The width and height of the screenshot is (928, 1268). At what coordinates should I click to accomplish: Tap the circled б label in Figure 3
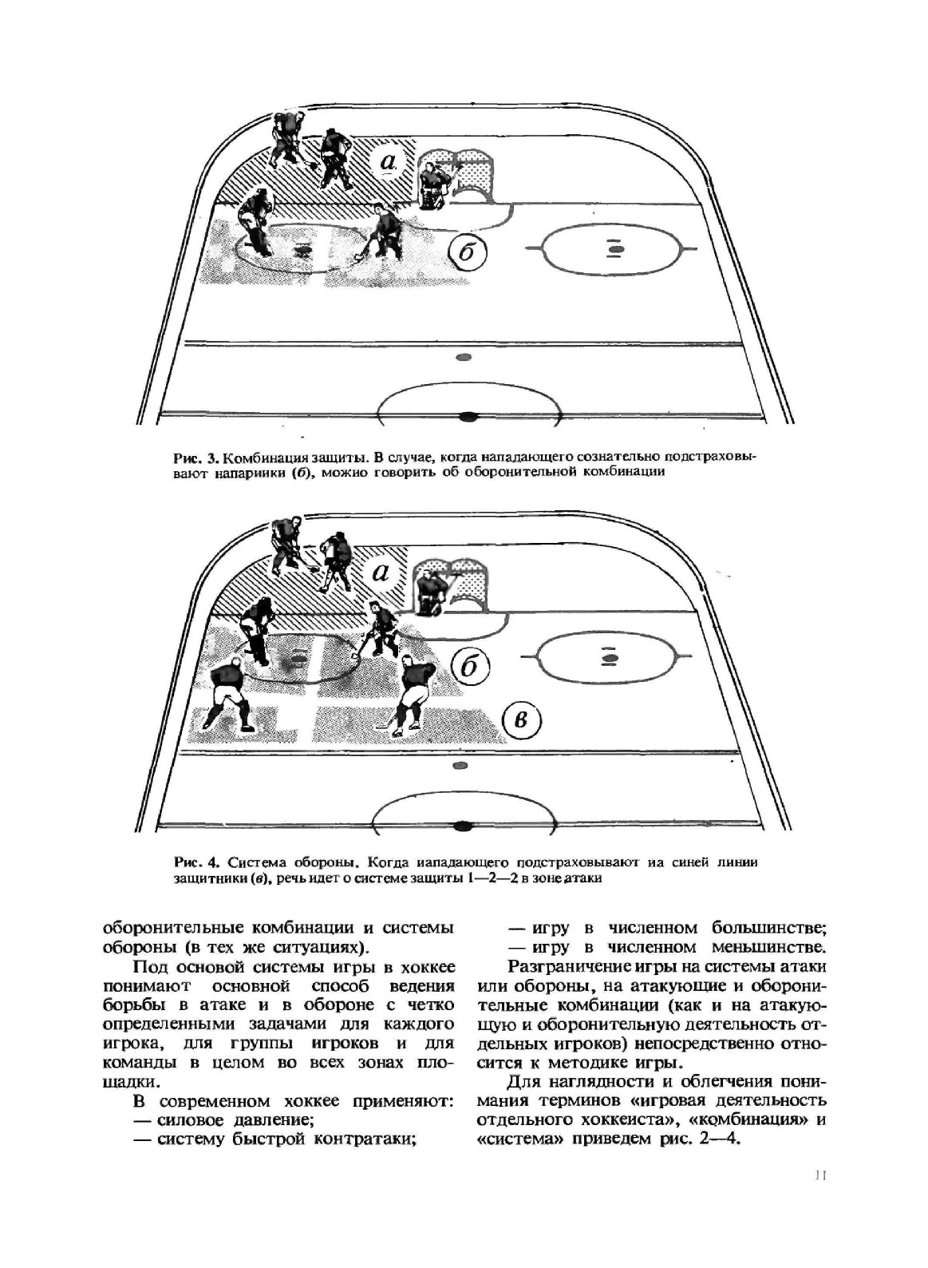click(468, 253)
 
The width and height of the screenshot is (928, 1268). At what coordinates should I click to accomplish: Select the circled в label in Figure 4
click(523, 720)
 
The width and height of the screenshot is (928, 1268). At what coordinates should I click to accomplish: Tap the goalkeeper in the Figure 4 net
click(434, 593)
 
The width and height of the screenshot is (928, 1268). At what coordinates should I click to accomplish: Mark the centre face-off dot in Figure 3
click(469, 417)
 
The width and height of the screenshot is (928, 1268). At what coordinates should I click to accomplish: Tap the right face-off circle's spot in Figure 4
click(610, 659)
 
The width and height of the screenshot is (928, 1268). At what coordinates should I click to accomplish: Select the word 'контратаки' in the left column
click(365, 1139)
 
